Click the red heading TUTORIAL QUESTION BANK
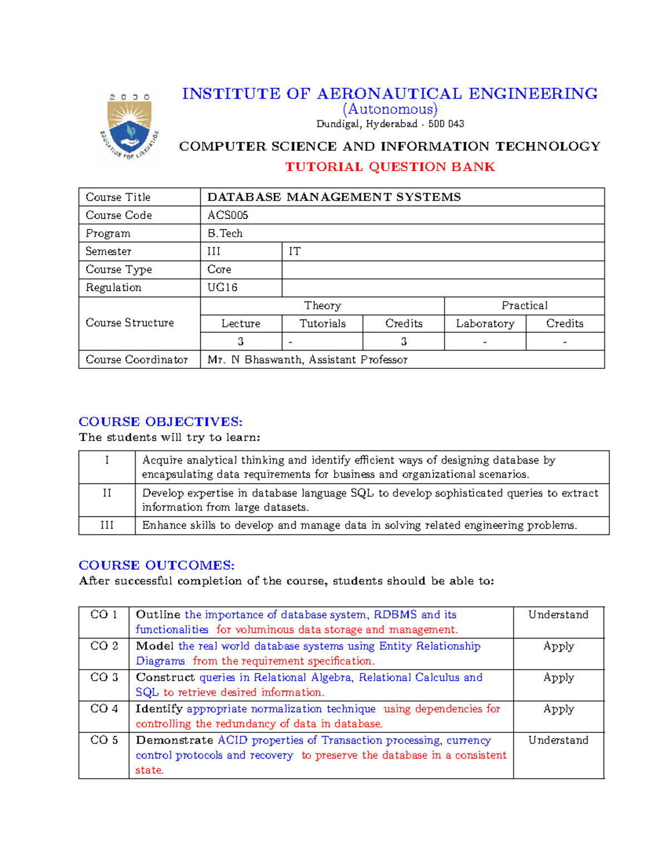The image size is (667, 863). (x=390, y=167)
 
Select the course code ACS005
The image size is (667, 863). (x=228, y=215)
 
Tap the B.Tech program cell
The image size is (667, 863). (x=225, y=233)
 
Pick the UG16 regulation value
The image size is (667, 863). (x=222, y=287)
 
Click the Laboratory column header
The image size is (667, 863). (x=485, y=323)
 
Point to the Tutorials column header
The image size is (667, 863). (x=322, y=323)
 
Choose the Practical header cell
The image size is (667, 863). (x=524, y=306)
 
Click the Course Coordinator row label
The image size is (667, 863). (x=137, y=360)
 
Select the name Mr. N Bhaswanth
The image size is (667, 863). (x=255, y=360)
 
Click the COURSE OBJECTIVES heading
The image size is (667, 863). (x=161, y=422)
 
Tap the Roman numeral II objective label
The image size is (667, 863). (x=107, y=493)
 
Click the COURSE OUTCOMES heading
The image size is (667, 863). (x=157, y=565)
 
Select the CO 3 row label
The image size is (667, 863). (x=104, y=677)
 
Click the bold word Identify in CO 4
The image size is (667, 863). (x=159, y=709)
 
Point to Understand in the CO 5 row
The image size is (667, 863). (x=558, y=740)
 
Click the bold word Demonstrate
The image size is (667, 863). (x=175, y=740)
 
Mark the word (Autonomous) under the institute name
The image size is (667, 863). (x=390, y=109)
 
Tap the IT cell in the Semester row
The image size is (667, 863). (x=295, y=252)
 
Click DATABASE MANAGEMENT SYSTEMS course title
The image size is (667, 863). (x=334, y=197)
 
